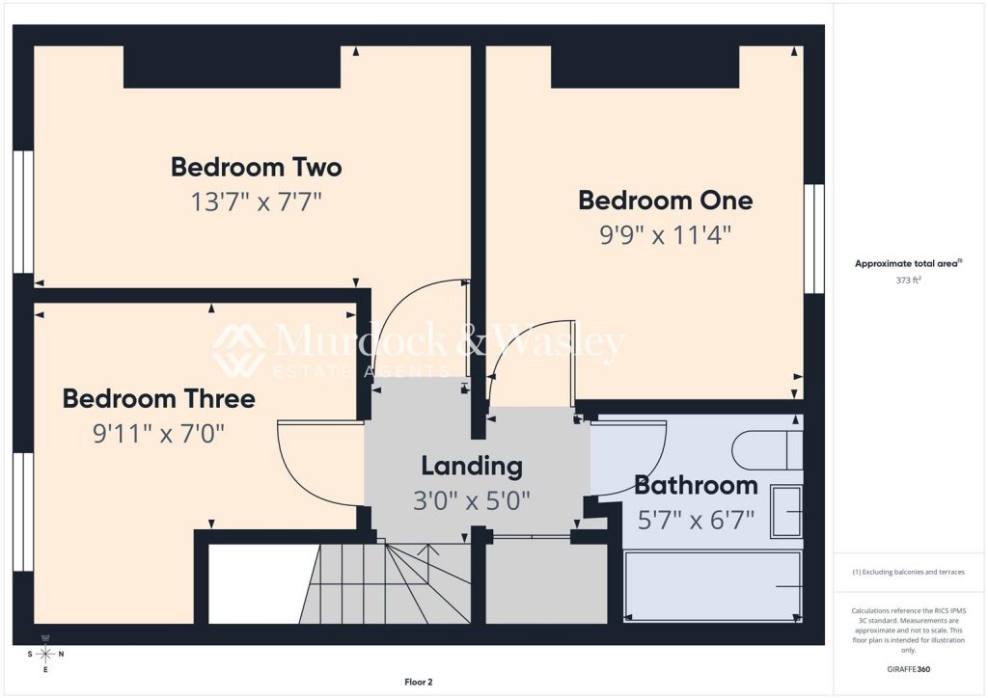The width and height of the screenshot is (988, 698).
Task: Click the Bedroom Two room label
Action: pos(257,168)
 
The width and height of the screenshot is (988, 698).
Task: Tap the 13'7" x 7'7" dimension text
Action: pos(257,202)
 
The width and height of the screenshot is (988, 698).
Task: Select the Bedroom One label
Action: pos(666,201)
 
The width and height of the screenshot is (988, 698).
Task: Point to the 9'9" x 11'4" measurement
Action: pos(666,236)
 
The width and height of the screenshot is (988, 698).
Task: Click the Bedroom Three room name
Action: pos(159,399)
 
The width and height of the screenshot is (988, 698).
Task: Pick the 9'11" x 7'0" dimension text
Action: pos(159,434)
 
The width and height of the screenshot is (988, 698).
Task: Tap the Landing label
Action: pos(472,467)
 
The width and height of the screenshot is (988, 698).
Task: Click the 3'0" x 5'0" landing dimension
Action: pos(472,501)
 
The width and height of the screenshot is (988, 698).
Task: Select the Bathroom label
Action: pos(696,485)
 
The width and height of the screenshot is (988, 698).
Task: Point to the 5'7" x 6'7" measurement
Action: pos(696,521)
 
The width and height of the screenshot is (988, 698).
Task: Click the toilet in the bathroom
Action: pos(767,449)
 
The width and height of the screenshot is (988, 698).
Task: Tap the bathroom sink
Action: pos(786,512)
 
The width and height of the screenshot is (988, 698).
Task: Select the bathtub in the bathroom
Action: pos(713,586)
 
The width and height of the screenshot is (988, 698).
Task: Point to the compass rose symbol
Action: pos(45,654)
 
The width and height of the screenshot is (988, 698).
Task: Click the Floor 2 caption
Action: pos(419,683)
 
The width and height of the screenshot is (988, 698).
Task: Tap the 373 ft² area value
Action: pos(908,281)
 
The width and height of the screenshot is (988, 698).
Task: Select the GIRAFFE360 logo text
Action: pos(908,669)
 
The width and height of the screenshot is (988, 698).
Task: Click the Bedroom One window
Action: pos(814,238)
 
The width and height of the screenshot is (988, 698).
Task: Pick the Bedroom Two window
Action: pos(23,211)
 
